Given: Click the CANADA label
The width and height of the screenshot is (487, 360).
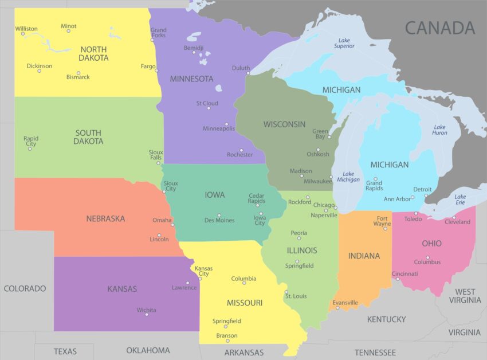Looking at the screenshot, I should (x=440, y=28).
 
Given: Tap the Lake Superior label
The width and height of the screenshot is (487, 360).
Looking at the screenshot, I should (x=344, y=43).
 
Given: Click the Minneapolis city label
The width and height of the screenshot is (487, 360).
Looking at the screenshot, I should (x=219, y=128).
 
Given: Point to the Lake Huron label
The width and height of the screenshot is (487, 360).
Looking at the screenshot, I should (x=439, y=130).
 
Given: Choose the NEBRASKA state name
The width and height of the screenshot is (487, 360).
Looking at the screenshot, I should (x=105, y=218).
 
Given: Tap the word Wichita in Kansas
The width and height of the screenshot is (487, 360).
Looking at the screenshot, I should (x=146, y=310).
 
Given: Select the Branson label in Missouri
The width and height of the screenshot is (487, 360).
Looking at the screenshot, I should (x=227, y=336).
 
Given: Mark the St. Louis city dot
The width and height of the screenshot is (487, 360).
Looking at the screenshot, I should (x=287, y=292).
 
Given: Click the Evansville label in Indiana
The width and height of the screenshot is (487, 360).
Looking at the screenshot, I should (x=345, y=303).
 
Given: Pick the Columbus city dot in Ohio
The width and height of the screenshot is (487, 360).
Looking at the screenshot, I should (x=427, y=257).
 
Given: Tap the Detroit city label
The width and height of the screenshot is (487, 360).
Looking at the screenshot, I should (x=422, y=189).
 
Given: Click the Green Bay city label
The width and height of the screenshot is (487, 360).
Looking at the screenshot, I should (x=320, y=134).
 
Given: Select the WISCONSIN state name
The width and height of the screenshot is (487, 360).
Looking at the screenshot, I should (x=284, y=124).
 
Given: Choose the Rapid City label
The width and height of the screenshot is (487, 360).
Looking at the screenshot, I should (x=31, y=141).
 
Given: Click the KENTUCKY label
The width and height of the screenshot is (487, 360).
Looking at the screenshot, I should (x=386, y=319).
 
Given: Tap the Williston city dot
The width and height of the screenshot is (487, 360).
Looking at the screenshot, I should (x=23, y=34).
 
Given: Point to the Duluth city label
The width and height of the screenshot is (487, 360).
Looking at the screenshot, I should (x=241, y=68).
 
